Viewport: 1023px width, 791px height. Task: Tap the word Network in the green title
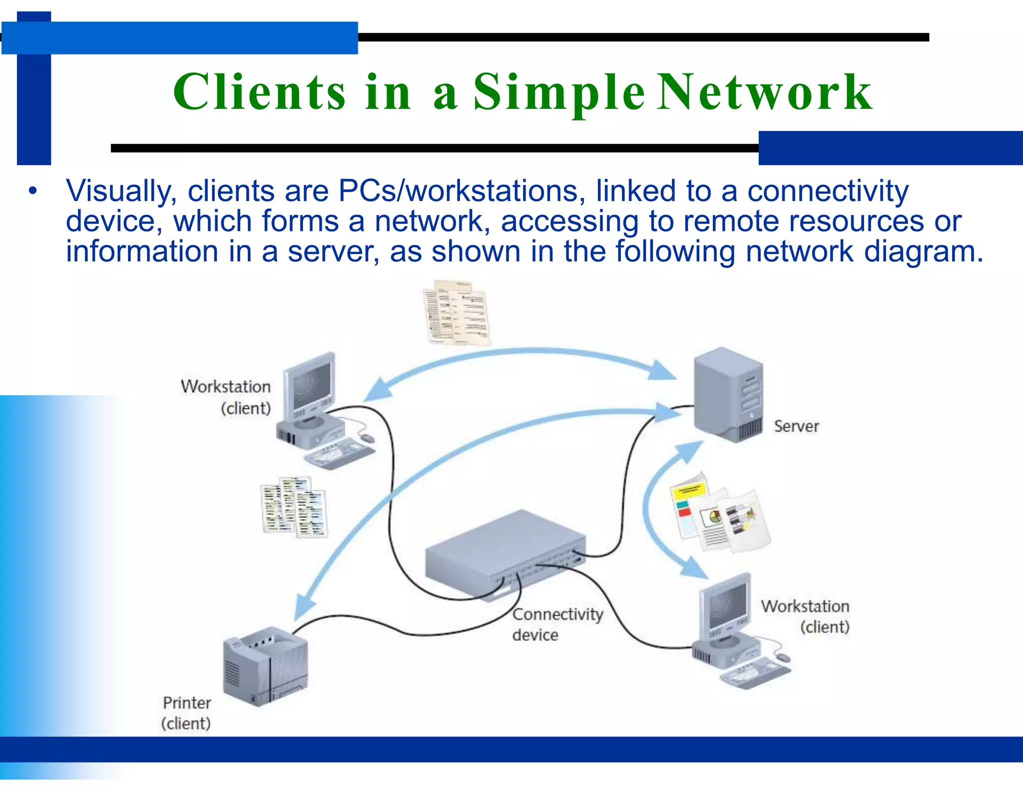tap(764, 92)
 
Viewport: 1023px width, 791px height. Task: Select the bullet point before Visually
tap(33, 191)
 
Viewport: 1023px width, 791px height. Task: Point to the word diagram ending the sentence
tap(922, 251)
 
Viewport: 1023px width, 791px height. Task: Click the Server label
tap(796, 426)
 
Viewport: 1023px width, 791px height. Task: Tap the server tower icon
tap(728, 395)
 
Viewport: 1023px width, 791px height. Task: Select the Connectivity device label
tap(557, 624)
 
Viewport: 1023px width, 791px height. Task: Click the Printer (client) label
tap(186, 713)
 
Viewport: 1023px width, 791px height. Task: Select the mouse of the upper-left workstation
tap(368, 438)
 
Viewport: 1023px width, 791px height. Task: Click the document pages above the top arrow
tap(456, 313)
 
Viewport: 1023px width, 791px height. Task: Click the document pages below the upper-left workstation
tap(294, 507)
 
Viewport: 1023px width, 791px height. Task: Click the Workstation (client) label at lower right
tap(805, 616)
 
